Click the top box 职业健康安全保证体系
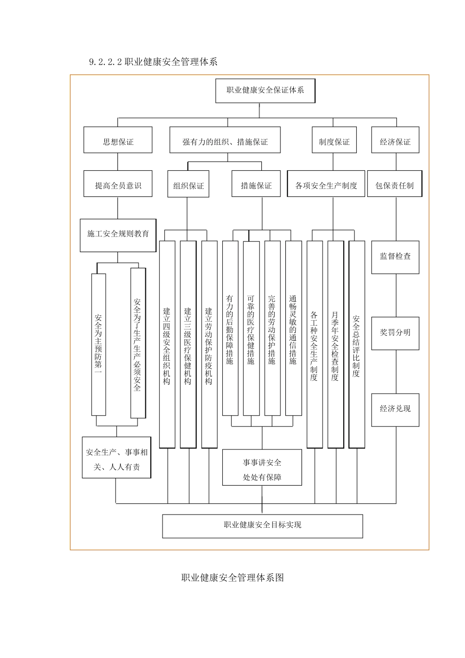(x=265, y=91)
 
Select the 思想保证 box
(x=118, y=142)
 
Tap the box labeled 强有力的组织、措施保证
(x=225, y=142)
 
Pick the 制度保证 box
(x=334, y=142)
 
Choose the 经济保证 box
(x=395, y=142)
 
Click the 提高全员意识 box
(x=118, y=186)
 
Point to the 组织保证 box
(x=188, y=186)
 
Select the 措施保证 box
(x=256, y=186)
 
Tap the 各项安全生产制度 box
(x=326, y=186)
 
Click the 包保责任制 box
(x=395, y=186)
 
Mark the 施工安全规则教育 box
(x=118, y=235)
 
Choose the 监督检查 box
(x=395, y=257)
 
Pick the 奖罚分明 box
(x=395, y=333)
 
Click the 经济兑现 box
(x=395, y=409)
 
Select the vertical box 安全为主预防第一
(x=98, y=344)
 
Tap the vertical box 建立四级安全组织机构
(x=167, y=345)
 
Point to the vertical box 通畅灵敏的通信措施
(x=293, y=328)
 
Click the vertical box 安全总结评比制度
(x=356, y=345)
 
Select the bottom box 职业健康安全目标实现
(x=262, y=525)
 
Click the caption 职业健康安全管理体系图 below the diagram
(x=232, y=578)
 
